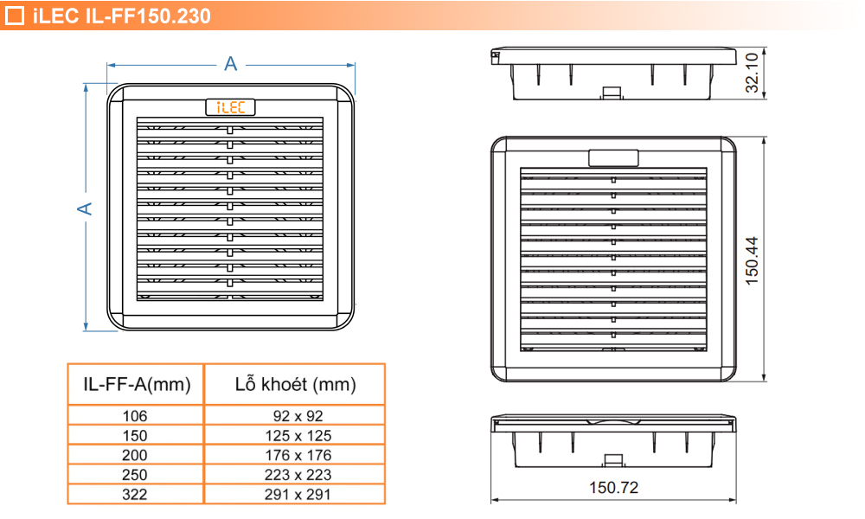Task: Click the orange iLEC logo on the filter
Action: point(230,107)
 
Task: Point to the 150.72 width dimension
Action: point(613,488)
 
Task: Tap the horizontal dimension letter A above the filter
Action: point(230,63)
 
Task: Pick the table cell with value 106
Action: point(136,416)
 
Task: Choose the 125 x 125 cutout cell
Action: point(295,436)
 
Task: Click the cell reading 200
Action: point(136,455)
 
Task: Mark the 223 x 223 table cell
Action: point(295,475)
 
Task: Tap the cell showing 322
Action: point(136,495)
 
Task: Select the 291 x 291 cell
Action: point(295,495)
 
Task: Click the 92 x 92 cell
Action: point(295,416)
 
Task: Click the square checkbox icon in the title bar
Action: point(15,16)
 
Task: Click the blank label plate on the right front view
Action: point(613,157)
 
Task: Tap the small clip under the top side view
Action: point(612,92)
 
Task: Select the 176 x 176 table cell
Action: point(295,455)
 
